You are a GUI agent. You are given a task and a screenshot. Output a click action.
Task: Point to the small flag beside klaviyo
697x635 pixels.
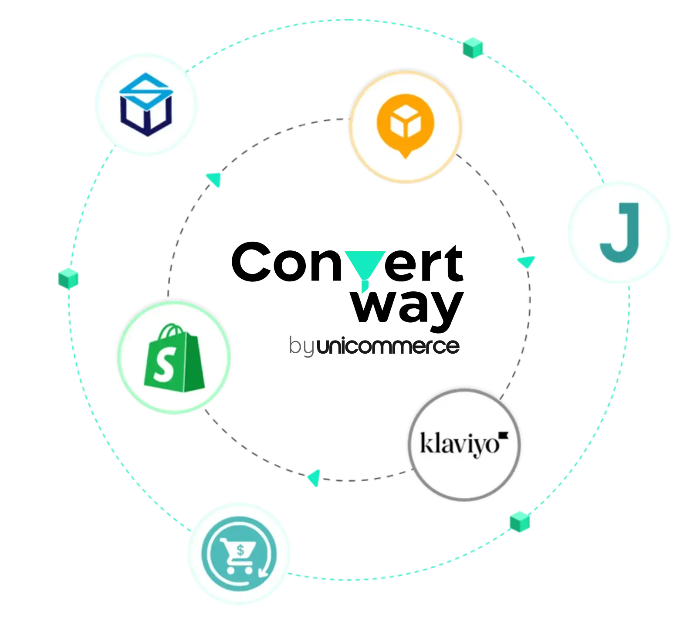tap(504, 435)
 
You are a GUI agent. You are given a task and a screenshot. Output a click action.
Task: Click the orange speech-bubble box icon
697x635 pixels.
tap(405, 127)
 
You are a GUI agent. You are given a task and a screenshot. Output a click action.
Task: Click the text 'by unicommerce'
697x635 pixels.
tap(374, 346)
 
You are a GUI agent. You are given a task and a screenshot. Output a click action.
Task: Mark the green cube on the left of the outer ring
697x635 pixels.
tap(68, 278)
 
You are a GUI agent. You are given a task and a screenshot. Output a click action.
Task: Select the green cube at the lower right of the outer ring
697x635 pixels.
tap(520, 522)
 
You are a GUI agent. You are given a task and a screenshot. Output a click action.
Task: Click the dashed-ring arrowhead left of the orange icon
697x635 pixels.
tap(214, 179)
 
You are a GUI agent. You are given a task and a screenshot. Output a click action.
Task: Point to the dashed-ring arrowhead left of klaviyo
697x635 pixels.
tap(315, 478)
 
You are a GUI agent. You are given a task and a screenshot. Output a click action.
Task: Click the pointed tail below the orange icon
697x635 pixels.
tap(406, 153)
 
